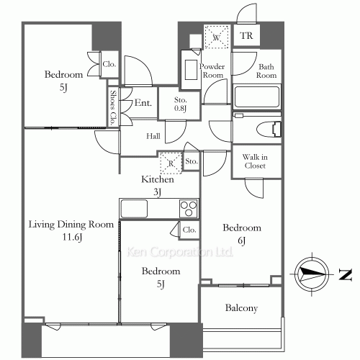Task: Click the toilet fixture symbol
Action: click(x=269, y=130)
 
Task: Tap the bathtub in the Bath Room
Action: click(x=257, y=97)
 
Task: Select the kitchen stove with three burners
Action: click(x=189, y=208)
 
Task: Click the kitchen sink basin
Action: click(x=134, y=208)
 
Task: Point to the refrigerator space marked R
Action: click(x=171, y=163)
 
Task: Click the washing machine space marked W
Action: click(x=217, y=37)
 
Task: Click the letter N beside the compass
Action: click(x=346, y=274)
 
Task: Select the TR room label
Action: click(x=246, y=36)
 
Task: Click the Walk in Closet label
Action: click(x=255, y=161)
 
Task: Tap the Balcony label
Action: click(x=241, y=308)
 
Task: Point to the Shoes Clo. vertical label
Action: click(x=113, y=108)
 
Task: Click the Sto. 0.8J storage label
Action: click(x=180, y=104)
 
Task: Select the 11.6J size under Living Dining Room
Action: click(x=72, y=237)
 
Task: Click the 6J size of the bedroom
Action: click(x=241, y=240)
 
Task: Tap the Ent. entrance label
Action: click(x=143, y=103)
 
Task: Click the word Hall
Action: click(x=153, y=136)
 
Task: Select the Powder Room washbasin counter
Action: click(x=191, y=70)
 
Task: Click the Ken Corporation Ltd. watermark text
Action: click(x=179, y=252)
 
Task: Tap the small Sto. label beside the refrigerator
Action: click(x=192, y=161)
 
